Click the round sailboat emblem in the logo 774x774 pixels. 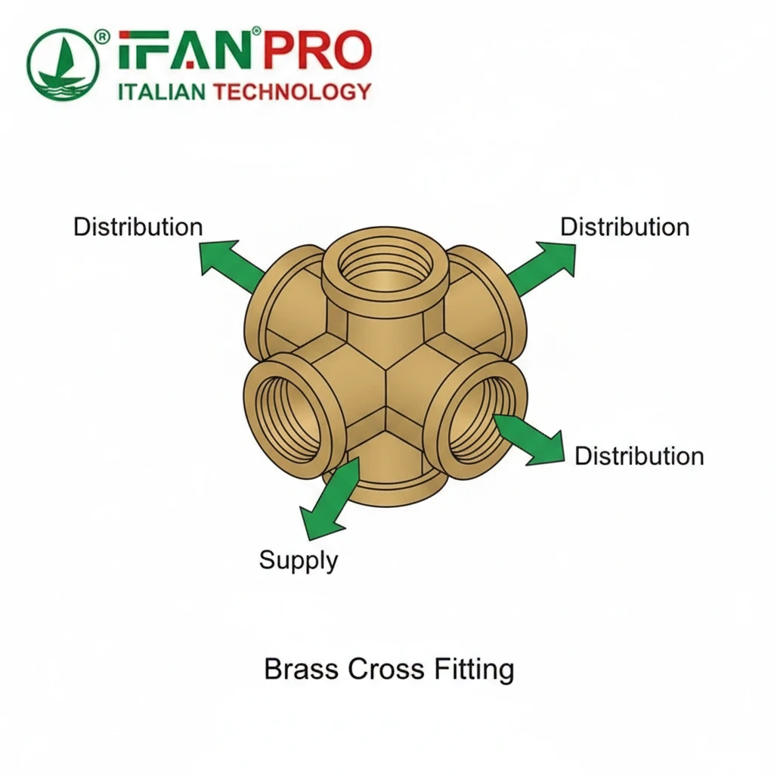pos(63,65)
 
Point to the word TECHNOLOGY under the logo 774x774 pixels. pos(293,93)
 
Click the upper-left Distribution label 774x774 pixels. pos(138,227)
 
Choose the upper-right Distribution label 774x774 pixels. pos(624,227)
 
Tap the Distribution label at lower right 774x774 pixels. pos(639,456)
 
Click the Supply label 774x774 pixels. pos(298,560)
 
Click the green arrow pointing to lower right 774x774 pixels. pos(531,439)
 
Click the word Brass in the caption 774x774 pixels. pos(302,670)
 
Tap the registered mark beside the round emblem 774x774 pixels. pos(103,36)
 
